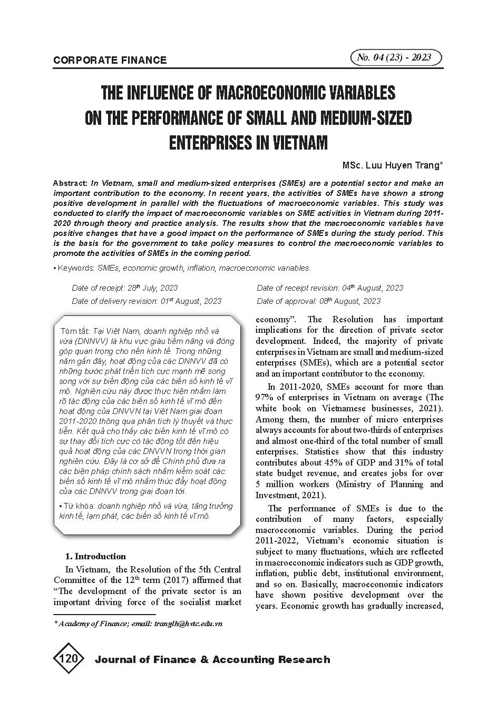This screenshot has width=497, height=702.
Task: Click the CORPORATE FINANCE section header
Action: tap(110, 60)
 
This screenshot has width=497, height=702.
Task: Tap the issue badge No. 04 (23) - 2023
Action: tap(394, 57)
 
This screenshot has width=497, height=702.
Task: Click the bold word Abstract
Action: tap(70, 183)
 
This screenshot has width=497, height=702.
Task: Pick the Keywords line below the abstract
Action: tap(182, 268)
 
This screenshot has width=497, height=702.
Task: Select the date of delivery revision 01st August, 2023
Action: tap(191, 301)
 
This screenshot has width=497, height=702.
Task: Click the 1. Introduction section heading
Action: tap(95, 556)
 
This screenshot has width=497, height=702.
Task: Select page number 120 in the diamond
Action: tap(69, 659)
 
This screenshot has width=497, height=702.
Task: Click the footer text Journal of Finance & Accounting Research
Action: tap(212, 660)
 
